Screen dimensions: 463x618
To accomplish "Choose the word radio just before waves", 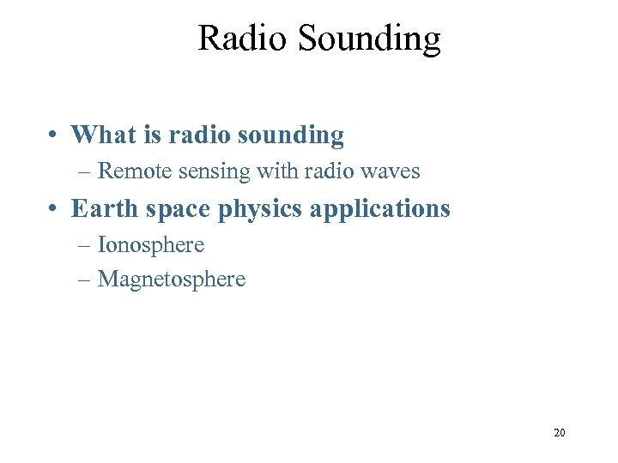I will click(328, 171).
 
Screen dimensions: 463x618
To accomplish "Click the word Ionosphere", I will click(151, 245).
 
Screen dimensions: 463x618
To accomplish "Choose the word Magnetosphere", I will click(172, 280).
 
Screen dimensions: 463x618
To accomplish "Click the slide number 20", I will click(559, 433).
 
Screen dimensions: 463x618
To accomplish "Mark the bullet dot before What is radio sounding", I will click(53, 135).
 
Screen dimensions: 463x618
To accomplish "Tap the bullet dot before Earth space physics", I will click(53, 209).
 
